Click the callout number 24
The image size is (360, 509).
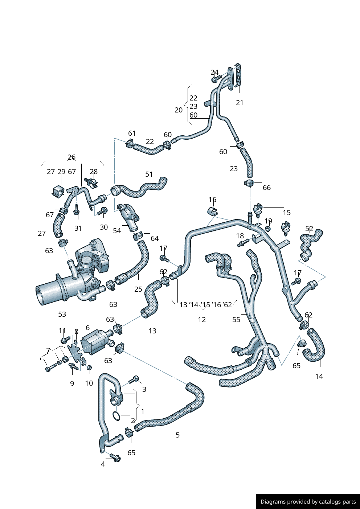tap(214, 72)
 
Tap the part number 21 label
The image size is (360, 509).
tap(240, 103)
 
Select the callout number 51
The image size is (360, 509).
tap(149, 174)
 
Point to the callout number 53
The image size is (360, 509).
tap(62, 314)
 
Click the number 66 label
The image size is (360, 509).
tap(267, 188)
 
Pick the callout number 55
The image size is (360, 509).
tap(236, 320)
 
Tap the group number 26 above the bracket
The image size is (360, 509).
tap(71, 157)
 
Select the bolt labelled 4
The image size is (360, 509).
tap(115, 458)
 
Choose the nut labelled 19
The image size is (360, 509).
tap(268, 229)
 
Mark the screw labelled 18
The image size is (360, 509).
tap(243, 242)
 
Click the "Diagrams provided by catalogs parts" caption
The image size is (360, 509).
tap(308, 502)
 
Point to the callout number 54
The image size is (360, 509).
tap(117, 231)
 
